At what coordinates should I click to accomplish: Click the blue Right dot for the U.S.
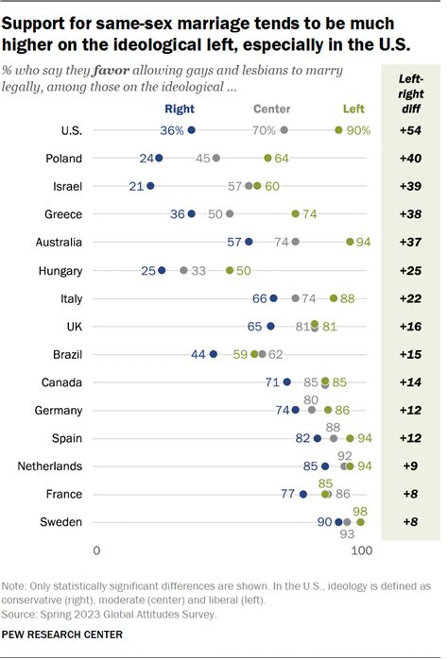click(x=192, y=130)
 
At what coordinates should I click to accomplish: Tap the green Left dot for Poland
click(x=268, y=159)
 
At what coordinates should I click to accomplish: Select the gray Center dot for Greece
click(x=229, y=214)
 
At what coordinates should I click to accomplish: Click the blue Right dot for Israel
click(x=151, y=186)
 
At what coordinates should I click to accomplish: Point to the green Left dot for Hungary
click(x=230, y=270)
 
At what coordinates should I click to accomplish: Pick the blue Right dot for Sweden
click(x=338, y=521)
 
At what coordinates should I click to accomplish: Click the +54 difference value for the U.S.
click(x=410, y=130)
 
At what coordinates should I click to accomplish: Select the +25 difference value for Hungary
click(x=410, y=270)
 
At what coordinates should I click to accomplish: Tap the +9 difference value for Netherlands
click(x=410, y=465)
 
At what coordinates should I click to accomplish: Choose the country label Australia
click(x=57, y=242)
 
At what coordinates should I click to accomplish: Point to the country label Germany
click(x=59, y=410)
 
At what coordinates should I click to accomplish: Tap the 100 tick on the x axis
click(x=360, y=550)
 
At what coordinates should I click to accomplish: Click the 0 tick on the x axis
click(x=96, y=550)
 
